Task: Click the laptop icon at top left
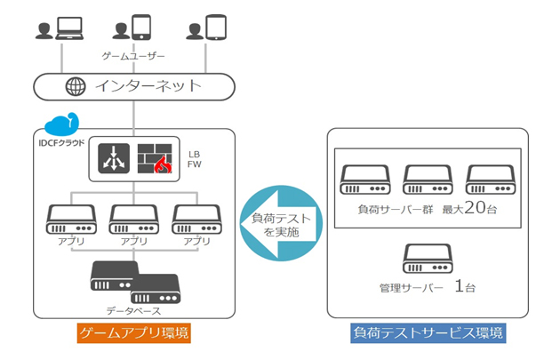pos(68,28)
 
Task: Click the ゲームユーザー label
pos(133,56)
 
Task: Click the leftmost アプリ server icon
pos(71,217)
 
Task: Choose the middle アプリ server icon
pos(133,217)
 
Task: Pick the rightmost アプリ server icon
pos(196,217)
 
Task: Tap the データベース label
pos(133,308)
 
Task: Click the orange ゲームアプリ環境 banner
pos(132,333)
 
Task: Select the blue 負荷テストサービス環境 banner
pos(428,333)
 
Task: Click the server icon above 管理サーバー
pos(428,257)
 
